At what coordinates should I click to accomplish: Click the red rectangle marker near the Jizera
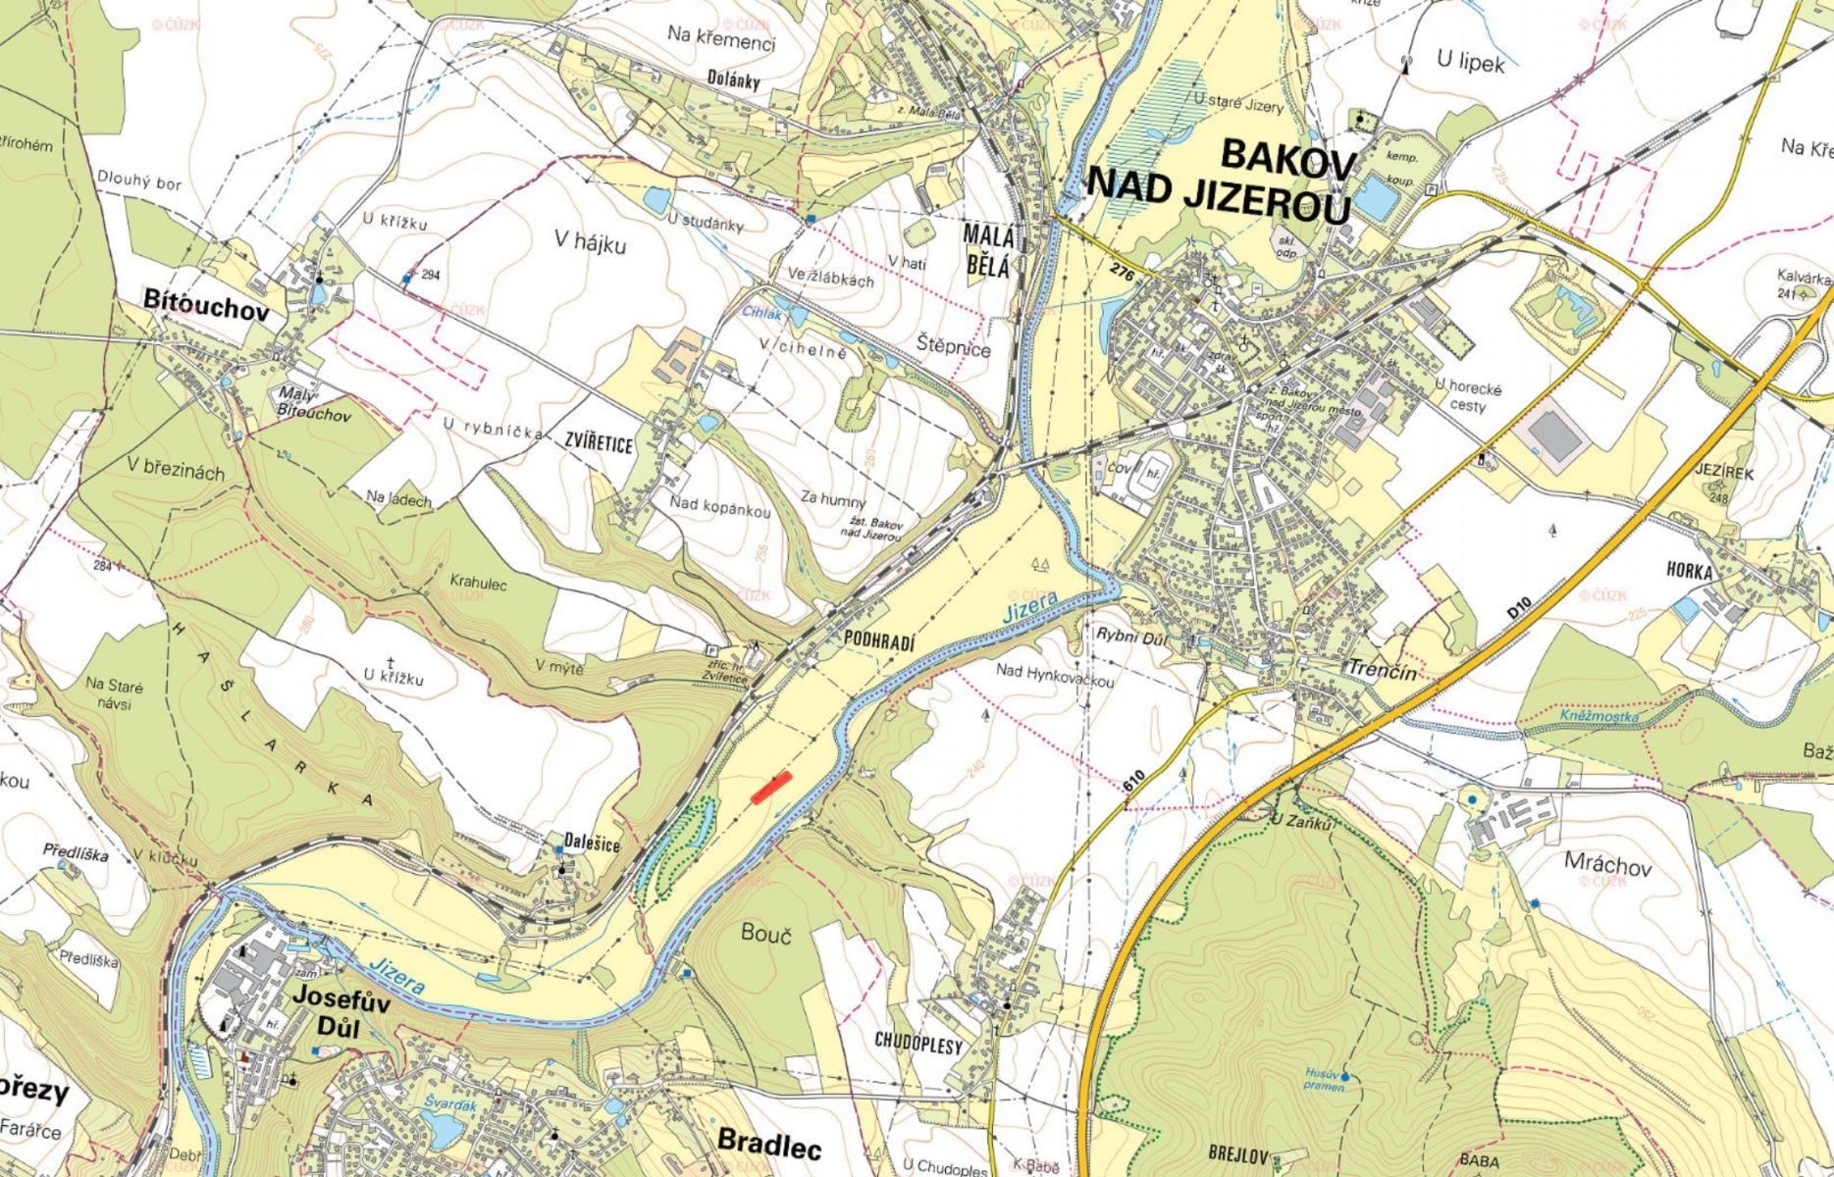(771, 788)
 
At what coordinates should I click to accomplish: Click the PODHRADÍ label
(878, 642)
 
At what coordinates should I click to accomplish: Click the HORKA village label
(1689, 572)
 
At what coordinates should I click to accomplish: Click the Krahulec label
(478, 584)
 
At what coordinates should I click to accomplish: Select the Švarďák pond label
(449, 1103)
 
